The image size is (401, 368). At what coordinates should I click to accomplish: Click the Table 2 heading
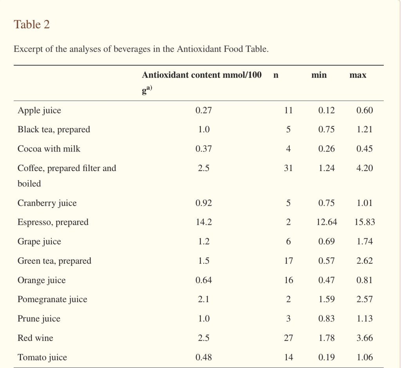coord(32,25)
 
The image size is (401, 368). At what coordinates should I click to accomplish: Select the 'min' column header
coord(319,75)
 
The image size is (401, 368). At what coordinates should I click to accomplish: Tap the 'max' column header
coord(358,75)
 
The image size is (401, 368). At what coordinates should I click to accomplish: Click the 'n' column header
coord(276,75)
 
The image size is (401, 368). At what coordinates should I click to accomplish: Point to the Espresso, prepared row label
coord(53,222)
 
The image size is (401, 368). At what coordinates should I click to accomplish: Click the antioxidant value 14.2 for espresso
coord(203,222)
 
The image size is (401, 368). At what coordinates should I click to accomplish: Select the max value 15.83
coord(365,222)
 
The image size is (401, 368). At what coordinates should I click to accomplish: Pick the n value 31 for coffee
coord(288,168)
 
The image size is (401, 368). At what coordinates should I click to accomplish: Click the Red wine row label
coord(35,338)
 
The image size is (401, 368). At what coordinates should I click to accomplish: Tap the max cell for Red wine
coord(365,338)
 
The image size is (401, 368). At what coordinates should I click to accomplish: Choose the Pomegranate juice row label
coord(52,300)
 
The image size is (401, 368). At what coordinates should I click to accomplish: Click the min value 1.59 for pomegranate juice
coord(327,300)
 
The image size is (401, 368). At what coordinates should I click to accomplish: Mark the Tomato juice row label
coord(42,357)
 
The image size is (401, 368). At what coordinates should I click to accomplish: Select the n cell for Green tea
coord(288,261)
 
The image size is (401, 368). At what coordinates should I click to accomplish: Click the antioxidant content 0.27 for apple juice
coord(203,111)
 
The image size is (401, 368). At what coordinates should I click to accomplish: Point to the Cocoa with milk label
coord(49,149)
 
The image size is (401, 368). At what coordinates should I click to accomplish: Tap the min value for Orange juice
coord(327,281)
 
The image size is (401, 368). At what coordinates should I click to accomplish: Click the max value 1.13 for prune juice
coord(365,319)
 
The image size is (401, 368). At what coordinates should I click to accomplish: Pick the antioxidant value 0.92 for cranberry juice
coord(203,203)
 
